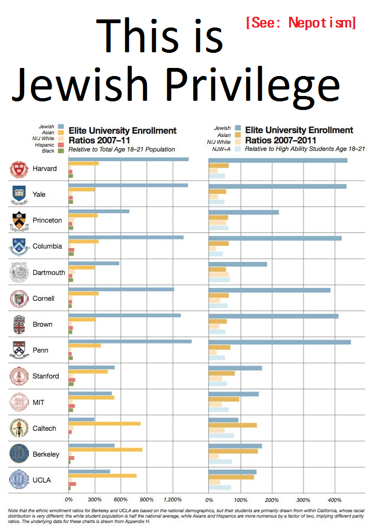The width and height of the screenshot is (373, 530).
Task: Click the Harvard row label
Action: click(44, 169)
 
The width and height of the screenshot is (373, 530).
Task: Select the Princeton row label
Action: click(47, 221)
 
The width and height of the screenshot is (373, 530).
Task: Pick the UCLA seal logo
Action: click(19, 480)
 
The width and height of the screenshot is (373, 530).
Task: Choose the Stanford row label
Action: click(46, 376)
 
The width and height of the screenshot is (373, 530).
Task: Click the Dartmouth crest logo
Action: click(19, 272)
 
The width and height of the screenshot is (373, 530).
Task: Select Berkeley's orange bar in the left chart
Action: click(105, 449)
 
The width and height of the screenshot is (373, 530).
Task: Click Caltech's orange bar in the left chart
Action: click(104, 423)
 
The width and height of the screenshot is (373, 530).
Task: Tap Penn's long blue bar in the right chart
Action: click(279, 342)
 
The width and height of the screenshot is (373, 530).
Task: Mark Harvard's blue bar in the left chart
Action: click(129, 159)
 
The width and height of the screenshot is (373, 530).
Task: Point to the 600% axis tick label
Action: click(121, 499)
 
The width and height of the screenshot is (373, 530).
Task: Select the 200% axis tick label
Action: click(272, 499)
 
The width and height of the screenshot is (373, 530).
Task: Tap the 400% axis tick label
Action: click(335, 499)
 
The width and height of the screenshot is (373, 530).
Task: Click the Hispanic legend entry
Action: click(45, 145)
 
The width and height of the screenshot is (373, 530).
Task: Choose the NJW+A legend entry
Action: click(222, 149)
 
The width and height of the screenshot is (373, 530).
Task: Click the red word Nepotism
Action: click(322, 23)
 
